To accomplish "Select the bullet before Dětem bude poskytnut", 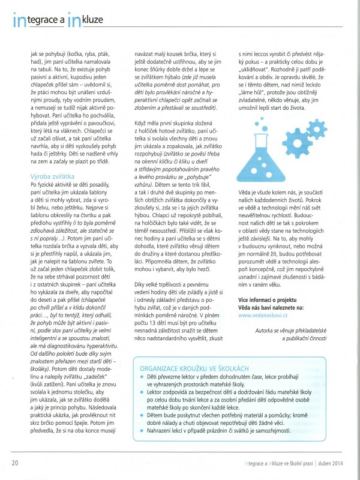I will click(134, 412).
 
